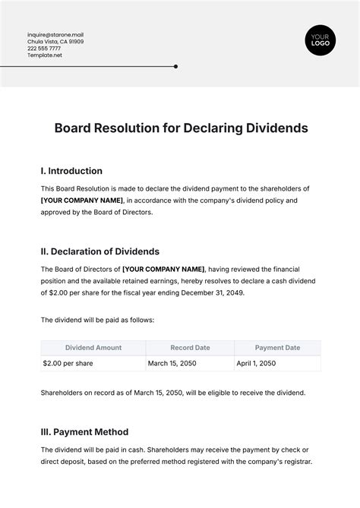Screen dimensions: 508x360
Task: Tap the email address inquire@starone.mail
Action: click(x=55, y=34)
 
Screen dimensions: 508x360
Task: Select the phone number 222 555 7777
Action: click(x=44, y=49)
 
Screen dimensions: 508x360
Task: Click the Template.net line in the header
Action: click(x=44, y=55)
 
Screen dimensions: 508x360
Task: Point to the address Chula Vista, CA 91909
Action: click(x=55, y=42)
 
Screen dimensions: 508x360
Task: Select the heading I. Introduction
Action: click(x=71, y=171)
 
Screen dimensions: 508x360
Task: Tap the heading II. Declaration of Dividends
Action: click(x=99, y=251)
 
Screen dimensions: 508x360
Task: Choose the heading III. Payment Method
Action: click(x=84, y=432)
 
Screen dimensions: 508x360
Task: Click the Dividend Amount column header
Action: click(x=93, y=348)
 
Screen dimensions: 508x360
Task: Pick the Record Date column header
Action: click(x=191, y=348)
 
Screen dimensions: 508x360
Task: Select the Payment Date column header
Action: click(x=277, y=348)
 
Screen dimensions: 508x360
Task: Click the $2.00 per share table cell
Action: click(x=68, y=364)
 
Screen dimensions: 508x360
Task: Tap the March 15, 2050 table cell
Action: click(x=174, y=364)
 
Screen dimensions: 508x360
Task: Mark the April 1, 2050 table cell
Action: click(x=257, y=364)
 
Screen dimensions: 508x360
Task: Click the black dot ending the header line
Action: click(x=175, y=66)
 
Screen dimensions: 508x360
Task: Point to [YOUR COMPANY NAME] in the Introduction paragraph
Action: click(x=82, y=200)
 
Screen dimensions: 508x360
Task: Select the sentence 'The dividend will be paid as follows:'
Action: click(x=97, y=320)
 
